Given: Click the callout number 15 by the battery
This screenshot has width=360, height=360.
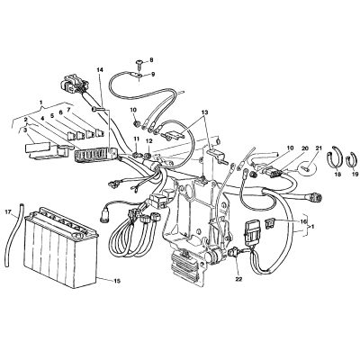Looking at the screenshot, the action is [117, 281].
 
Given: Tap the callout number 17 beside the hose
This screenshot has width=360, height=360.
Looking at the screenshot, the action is [8, 212].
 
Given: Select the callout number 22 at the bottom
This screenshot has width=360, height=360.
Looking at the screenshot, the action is [238, 279].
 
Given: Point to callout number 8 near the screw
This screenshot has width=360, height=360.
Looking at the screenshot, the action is [151, 60].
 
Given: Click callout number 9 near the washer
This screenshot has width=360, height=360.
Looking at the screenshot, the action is [153, 74].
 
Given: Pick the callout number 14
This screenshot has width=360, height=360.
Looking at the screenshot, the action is [100, 70].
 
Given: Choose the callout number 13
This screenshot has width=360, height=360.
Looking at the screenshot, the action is [204, 112].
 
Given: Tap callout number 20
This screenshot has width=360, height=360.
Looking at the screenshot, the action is [305, 148].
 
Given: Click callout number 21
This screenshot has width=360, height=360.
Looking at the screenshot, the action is [319, 148].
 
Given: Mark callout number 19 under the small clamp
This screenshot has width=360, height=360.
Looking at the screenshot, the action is [355, 174].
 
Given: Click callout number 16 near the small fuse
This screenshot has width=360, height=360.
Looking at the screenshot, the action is [303, 221].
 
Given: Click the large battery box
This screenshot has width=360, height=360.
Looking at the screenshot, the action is [61, 247].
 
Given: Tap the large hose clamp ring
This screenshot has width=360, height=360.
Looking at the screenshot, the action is [334, 157].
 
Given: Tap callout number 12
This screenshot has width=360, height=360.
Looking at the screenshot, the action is [149, 140].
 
